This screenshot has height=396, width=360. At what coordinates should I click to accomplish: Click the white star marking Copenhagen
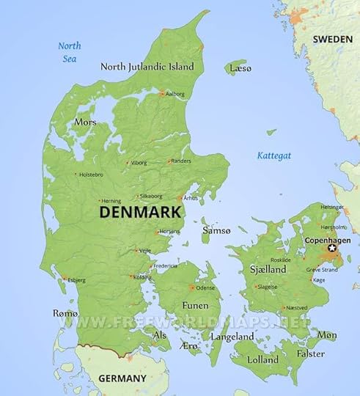point(331,249)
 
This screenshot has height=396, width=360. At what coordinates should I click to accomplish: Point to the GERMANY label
point(122,378)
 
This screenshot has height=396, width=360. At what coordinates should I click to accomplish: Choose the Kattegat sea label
point(274,155)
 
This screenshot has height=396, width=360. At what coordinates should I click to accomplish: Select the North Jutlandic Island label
point(147,66)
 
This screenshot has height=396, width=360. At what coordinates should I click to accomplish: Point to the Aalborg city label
point(175,94)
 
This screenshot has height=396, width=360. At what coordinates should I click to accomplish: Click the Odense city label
point(205,287)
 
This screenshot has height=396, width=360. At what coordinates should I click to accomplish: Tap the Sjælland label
point(268,269)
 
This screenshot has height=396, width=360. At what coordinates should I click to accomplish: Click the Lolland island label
point(263,360)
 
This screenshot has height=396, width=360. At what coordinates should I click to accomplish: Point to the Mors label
point(84,122)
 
